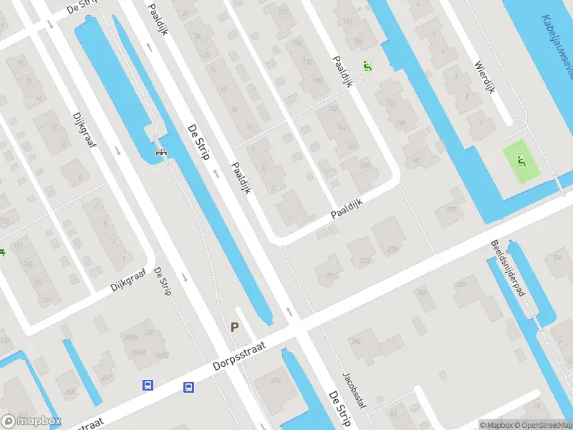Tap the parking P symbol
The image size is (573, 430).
234,327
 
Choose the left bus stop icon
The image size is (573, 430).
148,385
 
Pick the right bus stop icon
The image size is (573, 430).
189,388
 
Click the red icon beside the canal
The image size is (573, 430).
162,151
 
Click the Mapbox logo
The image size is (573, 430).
31,421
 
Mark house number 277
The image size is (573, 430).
451,210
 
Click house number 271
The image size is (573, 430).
330,275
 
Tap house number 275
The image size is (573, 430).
393,249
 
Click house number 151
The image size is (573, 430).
390,105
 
